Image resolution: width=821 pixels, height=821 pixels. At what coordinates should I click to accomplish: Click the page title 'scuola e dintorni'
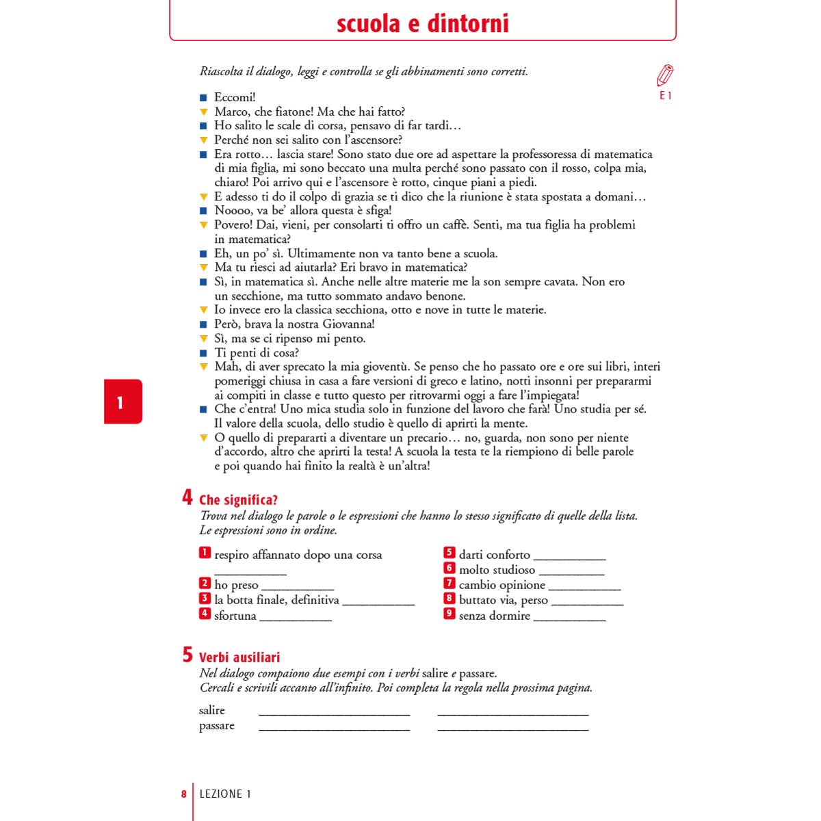point(423,24)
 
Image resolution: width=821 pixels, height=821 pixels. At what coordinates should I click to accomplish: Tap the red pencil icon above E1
point(665,75)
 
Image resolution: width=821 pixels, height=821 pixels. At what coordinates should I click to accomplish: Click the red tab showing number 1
point(122,402)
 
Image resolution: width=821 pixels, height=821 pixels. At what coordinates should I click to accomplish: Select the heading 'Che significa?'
point(238,500)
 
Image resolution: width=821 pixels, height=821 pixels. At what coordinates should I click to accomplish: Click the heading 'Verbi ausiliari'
point(239,657)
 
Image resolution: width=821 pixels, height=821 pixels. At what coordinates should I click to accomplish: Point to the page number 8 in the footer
point(183,794)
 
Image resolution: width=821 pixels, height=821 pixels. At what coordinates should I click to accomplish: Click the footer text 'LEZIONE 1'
point(225,794)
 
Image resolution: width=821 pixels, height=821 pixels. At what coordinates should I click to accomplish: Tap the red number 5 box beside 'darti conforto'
point(449,553)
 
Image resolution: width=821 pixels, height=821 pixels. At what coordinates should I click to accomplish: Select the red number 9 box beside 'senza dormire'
point(449,614)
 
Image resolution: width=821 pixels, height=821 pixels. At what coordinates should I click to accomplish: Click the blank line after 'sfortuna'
point(296,619)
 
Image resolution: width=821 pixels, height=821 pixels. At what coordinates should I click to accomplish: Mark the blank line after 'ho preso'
point(298,588)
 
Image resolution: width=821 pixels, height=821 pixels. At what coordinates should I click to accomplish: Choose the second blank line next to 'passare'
point(512,730)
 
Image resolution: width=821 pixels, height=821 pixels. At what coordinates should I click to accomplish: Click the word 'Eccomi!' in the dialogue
point(235,97)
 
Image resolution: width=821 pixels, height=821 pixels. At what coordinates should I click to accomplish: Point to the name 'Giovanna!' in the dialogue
point(348,324)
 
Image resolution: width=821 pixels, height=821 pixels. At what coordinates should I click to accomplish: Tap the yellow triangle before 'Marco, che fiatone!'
point(203,112)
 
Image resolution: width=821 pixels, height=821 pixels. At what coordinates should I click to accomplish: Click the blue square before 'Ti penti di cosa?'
point(203,353)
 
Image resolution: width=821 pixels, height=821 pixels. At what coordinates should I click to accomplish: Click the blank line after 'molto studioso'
point(571,573)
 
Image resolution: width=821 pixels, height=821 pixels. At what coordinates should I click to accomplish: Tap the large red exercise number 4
point(187,497)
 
